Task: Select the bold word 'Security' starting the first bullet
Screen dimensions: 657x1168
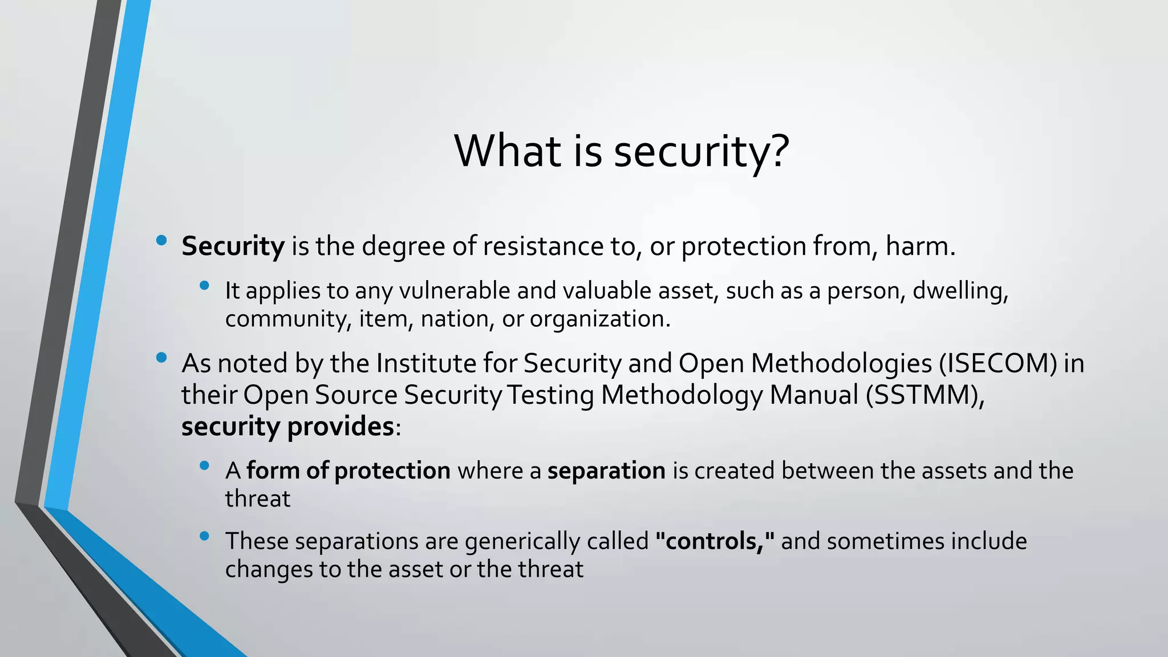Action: (233, 246)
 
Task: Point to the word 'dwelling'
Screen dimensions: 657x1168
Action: (958, 291)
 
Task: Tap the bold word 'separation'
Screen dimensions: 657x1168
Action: (606, 471)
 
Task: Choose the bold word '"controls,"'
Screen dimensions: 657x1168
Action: (715, 541)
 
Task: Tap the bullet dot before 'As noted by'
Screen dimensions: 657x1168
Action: (161, 358)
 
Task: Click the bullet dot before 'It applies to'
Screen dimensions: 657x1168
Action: (205, 286)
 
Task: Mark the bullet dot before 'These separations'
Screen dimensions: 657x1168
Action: (205, 536)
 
